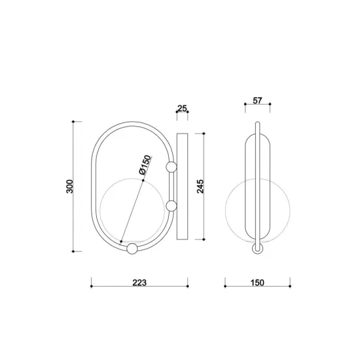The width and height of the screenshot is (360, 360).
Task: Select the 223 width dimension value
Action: coord(139,283)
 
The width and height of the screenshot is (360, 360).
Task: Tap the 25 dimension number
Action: coord(182,108)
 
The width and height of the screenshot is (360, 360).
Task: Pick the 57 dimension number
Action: coord(257,101)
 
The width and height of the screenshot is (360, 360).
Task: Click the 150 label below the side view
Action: coord(257,283)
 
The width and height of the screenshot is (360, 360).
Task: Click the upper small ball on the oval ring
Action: coord(171,167)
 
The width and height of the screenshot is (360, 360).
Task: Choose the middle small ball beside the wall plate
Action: coord(171,206)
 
